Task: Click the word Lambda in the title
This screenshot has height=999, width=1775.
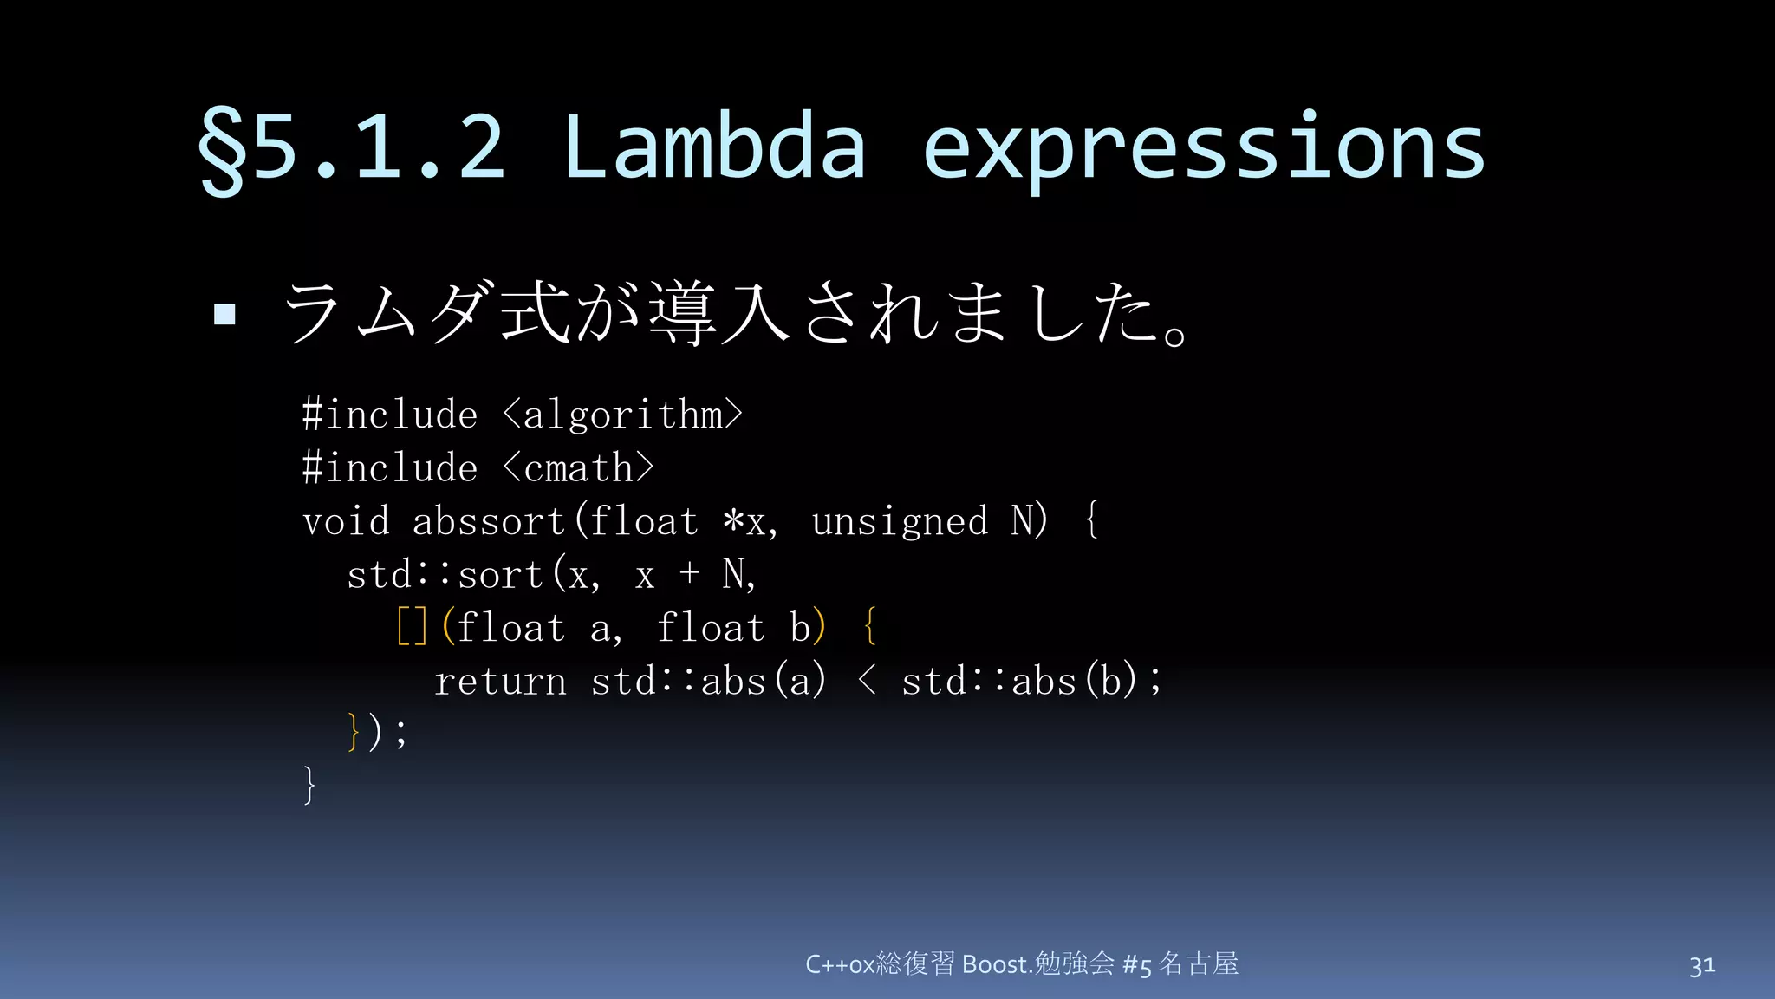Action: point(714,147)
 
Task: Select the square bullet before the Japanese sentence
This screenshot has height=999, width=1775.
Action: point(224,314)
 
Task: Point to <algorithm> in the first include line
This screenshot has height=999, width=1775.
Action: point(622,415)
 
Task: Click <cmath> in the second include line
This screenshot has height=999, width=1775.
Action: point(578,468)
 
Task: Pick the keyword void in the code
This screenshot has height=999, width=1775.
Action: point(346,522)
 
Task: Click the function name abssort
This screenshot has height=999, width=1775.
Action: point(488,522)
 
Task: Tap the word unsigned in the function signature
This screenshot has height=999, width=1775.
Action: point(900,522)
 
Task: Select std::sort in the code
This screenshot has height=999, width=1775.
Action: point(445,575)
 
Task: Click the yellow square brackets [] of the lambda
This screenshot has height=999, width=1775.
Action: point(412,627)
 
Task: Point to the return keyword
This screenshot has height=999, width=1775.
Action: point(500,681)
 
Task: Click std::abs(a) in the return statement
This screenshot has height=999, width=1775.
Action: point(708,681)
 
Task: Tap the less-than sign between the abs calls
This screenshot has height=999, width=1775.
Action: point(866,681)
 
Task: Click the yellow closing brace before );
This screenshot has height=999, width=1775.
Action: point(353,732)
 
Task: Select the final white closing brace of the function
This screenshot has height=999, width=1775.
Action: point(309,785)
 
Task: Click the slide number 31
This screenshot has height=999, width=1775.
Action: point(1701,965)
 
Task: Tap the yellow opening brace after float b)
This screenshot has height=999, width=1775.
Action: point(870,627)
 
